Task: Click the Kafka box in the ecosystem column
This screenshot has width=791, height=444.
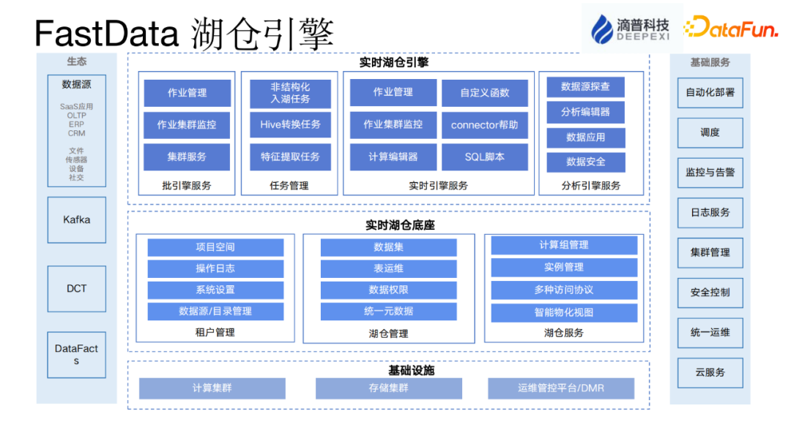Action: tap(77, 219)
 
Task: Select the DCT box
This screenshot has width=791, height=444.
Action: tap(77, 289)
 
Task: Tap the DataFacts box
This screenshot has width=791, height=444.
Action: tap(77, 355)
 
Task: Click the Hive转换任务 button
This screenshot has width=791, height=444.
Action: tap(290, 124)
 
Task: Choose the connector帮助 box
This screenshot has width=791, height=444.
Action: tap(484, 125)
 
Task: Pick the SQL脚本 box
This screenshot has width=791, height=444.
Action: tap(484, 157)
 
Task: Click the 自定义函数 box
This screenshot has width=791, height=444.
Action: tap(484, 93)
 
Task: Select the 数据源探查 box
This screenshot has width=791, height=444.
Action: tap(585, 87)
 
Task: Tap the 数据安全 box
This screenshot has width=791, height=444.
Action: tap(585, 162)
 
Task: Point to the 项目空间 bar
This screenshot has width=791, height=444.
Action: tap(215, 247)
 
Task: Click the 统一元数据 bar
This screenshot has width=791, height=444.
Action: tap(388, 311)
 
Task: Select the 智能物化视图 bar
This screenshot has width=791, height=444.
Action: tap(563, 312)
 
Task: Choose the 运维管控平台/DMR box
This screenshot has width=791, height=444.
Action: tap(560, 388)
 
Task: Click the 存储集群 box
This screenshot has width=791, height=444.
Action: tap(388, 388)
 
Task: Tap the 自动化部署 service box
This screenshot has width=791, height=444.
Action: tap(710, 93)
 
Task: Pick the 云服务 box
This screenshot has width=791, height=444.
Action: tap(710, 372)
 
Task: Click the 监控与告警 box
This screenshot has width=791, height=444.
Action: tap(710, 173)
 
